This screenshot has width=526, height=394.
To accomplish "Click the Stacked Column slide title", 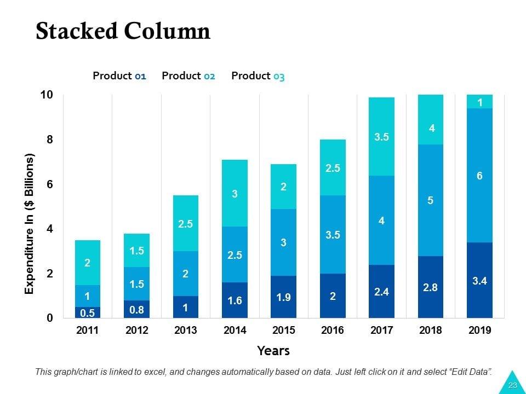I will pyautogui.click(x=123, y=32).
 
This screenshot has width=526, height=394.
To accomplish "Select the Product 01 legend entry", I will pyautogui.click(x=119, y=76).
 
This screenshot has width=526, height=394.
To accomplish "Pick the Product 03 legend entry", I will pyautogui.click(x=258, y=76).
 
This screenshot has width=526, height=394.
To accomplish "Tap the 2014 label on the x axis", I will pyautogui.click(x=235, y=330).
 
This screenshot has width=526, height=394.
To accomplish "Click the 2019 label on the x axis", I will pyautogui.click(x=480, y=330).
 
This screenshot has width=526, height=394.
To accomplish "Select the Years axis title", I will pyautogui.click(x=273, y=351).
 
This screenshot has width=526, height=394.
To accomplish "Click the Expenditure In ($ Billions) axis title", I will pyautogui.click(x=30, y=223).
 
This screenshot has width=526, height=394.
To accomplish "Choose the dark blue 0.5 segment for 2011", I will pyautogui.click(x=88, y=312).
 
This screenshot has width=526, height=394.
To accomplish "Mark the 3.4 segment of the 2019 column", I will pyautogui.click(x=479, y=280).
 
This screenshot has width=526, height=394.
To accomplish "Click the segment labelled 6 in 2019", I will pyautogui.click(x=479, y=175).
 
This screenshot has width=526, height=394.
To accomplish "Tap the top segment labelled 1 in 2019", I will pyautogui.click(x=479, y=102).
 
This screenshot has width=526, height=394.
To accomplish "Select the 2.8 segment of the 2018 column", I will pyautogui.click(x=430, y=287).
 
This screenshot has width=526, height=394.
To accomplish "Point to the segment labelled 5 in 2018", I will pyautogui.click(x=430, y=200).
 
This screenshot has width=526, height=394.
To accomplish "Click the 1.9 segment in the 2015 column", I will pyautogui.click(x=283, y=297).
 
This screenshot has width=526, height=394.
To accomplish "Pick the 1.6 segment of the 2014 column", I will pyautogui.click(x=235, y=300).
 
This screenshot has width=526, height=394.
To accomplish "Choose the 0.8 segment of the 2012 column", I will pyautogui.click(x=136, y=309).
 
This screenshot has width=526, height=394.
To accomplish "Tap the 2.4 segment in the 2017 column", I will pyautogui.click(x=381, y=291).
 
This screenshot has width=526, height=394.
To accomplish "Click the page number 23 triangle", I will pyautogui.click(x=512, y=384).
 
